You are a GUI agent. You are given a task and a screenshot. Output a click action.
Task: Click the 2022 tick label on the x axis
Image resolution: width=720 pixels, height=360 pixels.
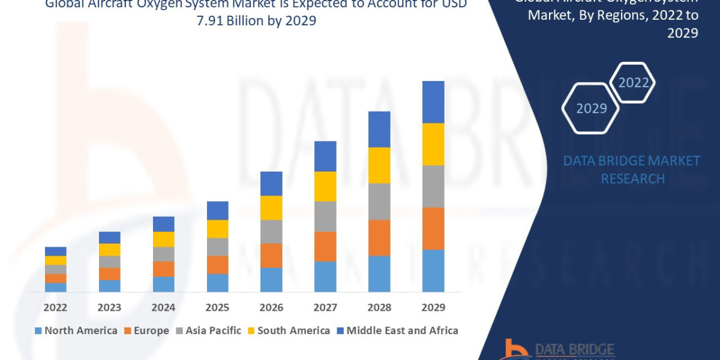point(56,308)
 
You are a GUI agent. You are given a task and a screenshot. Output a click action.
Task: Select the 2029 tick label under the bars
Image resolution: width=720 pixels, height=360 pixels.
point(433,308)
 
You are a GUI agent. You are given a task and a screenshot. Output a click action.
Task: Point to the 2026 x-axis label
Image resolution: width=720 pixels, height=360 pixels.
point(271,308)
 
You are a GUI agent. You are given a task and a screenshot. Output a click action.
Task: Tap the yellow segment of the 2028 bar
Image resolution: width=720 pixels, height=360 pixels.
point(379,165)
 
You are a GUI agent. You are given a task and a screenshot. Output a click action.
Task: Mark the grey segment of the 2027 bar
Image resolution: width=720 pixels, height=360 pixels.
point(325,216)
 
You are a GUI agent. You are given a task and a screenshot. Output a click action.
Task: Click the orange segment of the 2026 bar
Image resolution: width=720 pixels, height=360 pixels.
point(271,256)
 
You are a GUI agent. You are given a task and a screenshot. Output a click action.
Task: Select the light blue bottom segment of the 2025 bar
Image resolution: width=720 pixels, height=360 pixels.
point(218,283)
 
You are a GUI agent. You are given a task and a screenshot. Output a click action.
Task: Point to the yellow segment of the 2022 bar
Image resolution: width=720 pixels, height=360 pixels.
point(56,260)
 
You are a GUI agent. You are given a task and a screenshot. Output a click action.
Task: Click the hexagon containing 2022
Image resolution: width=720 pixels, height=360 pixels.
point(633,83)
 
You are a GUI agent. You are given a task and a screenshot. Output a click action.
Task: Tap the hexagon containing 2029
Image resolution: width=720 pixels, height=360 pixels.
point(592,109)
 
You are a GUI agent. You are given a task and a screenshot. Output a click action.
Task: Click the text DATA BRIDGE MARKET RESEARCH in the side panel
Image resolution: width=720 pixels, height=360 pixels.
point(632,170)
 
